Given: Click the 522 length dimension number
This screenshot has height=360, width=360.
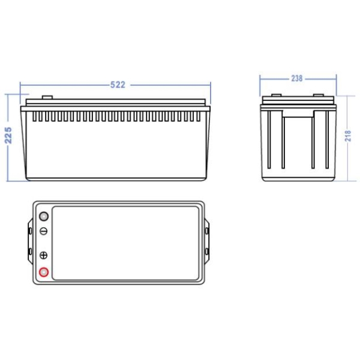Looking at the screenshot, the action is pyautogui.click(x=118, y=85).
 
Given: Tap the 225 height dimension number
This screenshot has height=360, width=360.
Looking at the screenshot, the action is pyautogui.click(x=8, y=135).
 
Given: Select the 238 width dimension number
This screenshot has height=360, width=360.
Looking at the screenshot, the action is pyautogui.click(x=297, y=79).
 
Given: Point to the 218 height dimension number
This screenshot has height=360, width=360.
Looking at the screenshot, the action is pyautogui.click(x=348, y=136).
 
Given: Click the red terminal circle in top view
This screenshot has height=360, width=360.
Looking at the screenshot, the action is pyautogui.click(x=44, y=272).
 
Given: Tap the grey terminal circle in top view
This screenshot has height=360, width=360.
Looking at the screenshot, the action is pyautogui.click(x=44, y=216).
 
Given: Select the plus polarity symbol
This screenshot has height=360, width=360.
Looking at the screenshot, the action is pyautogui.click(x=44, y=255).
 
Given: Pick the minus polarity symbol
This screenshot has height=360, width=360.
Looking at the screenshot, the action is pyautogui.click(x=44, y=231).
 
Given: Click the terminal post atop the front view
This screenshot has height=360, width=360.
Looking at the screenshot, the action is pyautogui.click(x=47, y=97).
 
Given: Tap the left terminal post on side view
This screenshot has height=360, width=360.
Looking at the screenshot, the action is pyautogui.click(x=277, y=95).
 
